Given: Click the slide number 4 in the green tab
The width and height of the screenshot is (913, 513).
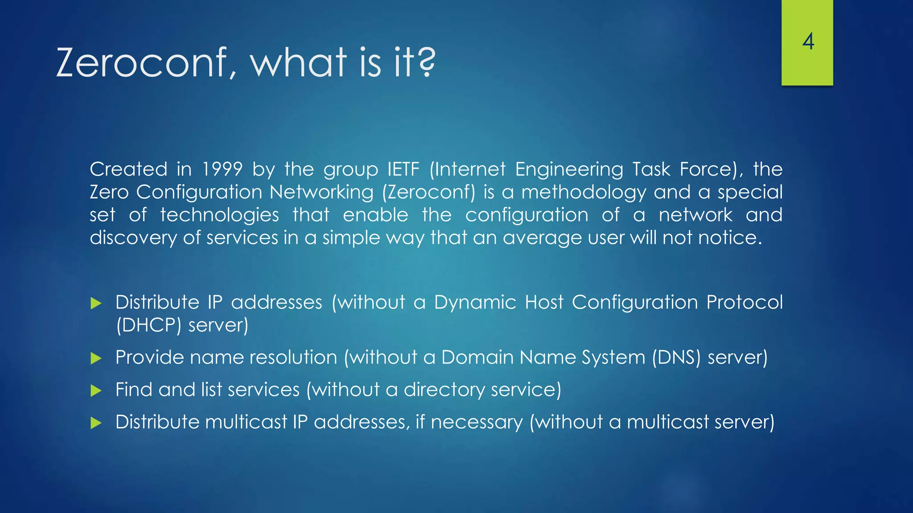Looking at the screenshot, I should tap(808, 42).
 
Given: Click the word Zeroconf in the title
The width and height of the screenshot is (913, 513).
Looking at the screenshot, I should tap(142, 63).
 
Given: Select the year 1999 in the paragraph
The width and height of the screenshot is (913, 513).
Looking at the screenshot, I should tap(222, 170).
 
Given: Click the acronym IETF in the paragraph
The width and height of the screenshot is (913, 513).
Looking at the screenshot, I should tap(403, 170).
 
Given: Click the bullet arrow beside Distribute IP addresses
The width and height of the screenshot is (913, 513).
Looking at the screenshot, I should tap(96, 304).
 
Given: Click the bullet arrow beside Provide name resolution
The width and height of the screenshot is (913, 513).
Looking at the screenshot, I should tap(96, 358).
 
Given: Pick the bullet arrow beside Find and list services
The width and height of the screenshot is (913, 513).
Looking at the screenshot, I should tap(96, 391).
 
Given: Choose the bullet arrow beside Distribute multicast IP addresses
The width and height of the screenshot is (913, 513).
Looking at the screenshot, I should tap(96, 423).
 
